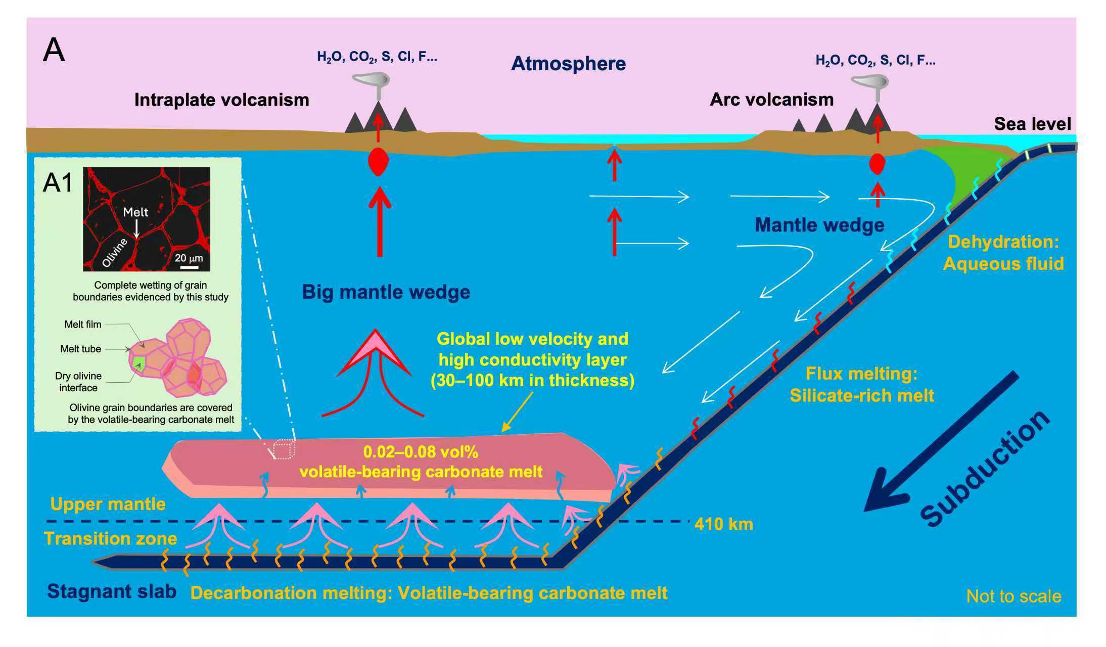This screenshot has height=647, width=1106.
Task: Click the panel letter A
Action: pyautogui.click(x=54, y=51)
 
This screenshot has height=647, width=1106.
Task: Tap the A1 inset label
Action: pyautogui.click(x=58, y=182)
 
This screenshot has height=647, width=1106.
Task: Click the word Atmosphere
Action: pyautogui.click(x=568, y=64)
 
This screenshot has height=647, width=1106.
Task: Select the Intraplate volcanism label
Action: pyautogui.click(x=221, y=100)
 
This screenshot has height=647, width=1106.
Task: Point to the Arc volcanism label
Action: pyautogui.click(x=771, y=100)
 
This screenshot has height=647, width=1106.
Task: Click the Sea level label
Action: pyautogui.click(x=1032, y=124)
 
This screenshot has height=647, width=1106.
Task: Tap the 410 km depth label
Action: pyautogui.click(x=723, y=524)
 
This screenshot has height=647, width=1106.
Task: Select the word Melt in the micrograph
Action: pyautogui.click(x=135, y=212)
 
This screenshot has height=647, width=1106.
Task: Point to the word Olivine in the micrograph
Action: pyautogui.click(x=115, y=252)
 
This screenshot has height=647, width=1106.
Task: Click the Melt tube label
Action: pyautogui.click(x=80, y=349)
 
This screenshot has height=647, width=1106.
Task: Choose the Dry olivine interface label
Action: pyautogui.click(x=78, y=382)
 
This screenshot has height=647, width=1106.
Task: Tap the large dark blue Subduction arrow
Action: pyautogui.click(x=940, y=440)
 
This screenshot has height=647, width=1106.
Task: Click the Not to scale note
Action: pyautogui.click(x=1013, y=596)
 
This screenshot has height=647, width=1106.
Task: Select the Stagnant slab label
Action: pyautogui.click(x=112, y=591)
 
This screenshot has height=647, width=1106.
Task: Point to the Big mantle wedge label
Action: pyautogui.click(x=386, y=292)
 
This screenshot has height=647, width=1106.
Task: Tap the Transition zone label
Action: pyautogui.click(x=110, y=538)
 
